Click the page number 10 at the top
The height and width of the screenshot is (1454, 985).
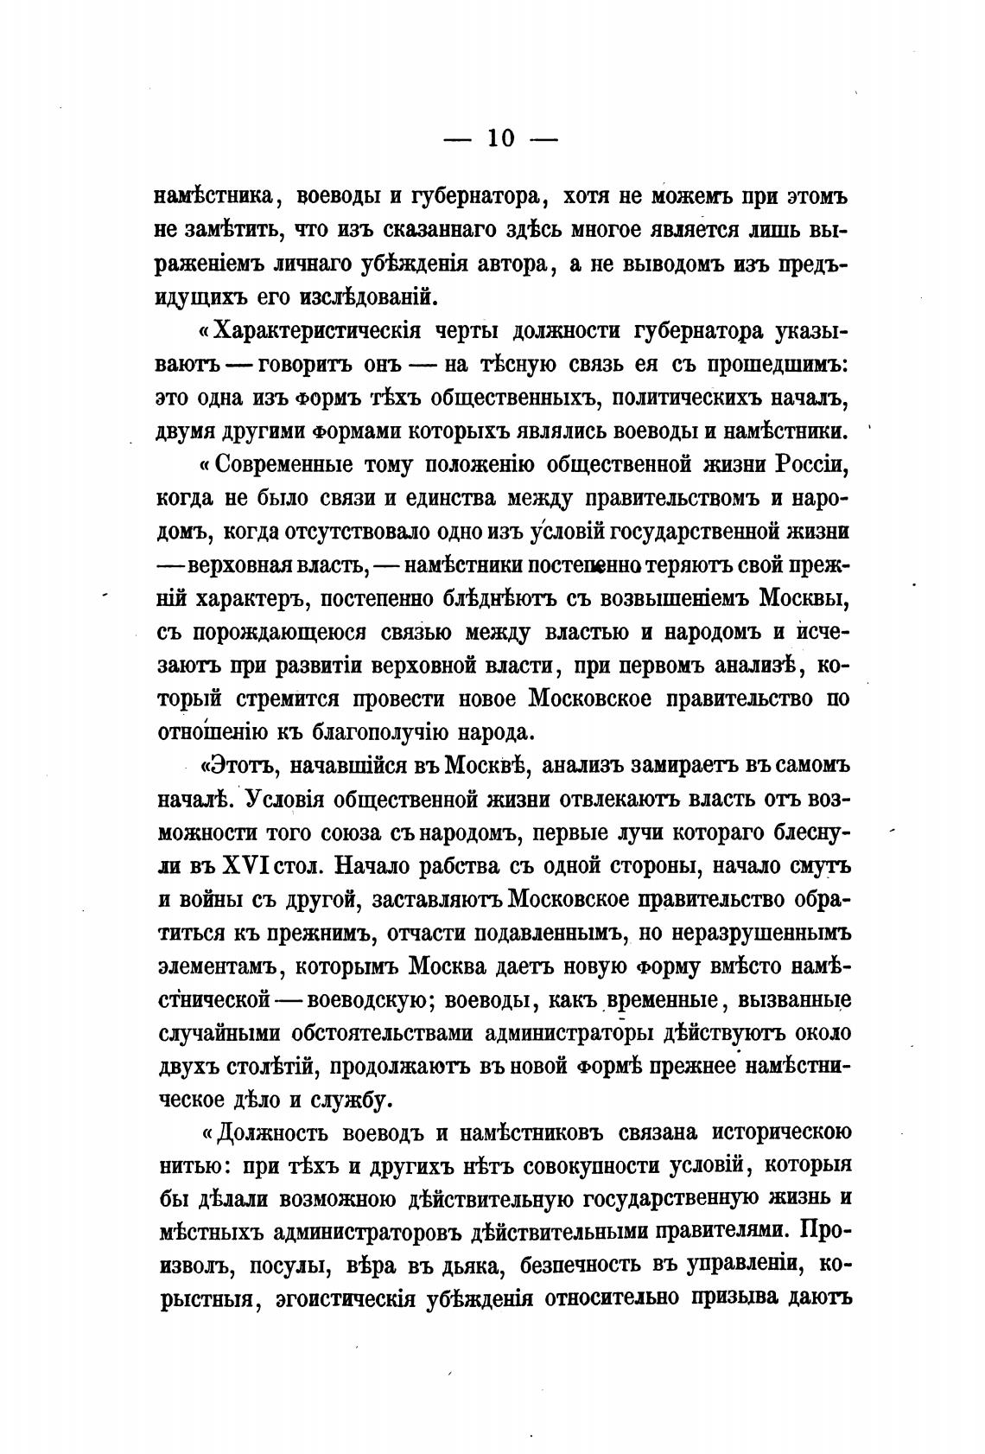[500, 139]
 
